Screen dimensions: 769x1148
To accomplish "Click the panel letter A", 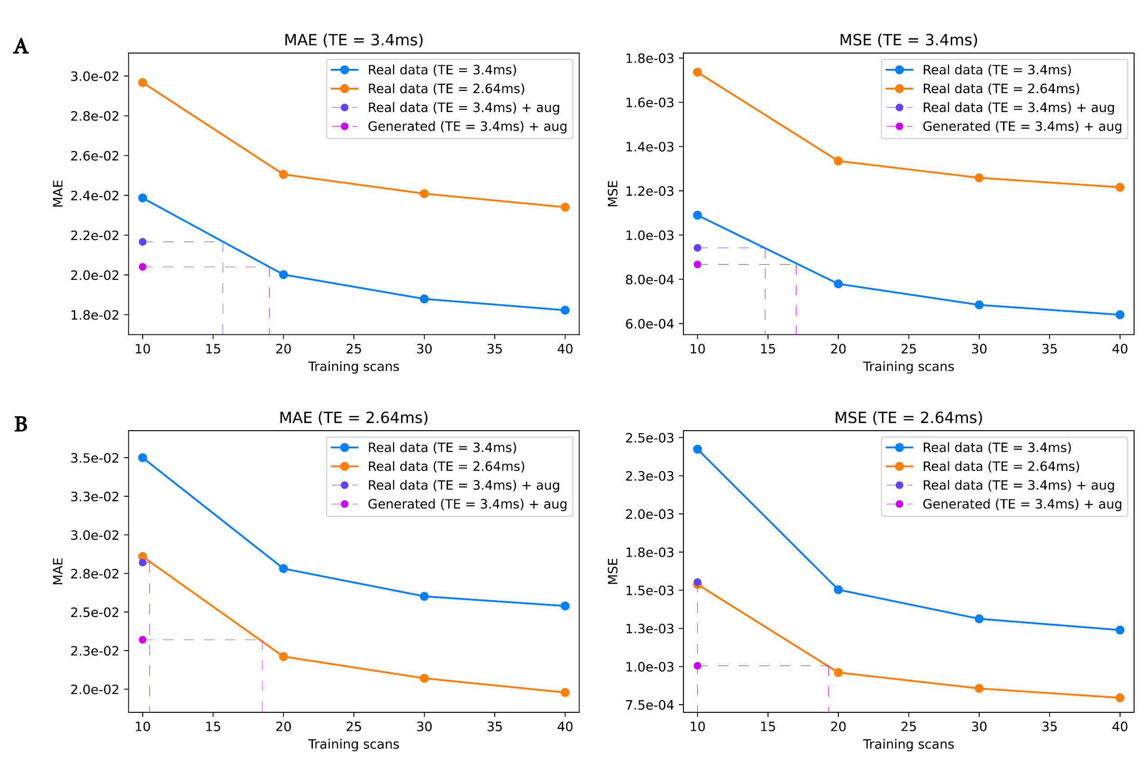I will pos(21,47).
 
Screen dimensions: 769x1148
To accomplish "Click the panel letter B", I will pos(21,424).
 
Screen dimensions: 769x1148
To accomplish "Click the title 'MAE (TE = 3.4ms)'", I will pos(353,40).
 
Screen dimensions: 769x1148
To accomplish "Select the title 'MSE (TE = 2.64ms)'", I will pos(908,418).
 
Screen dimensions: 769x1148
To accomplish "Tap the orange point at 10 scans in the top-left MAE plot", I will pos(143,82).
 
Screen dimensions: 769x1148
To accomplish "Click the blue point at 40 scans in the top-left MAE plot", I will pos(565,310).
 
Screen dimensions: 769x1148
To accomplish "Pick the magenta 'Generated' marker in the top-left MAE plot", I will pos(143,267).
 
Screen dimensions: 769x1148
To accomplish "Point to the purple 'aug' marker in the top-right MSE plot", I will pos(698,247).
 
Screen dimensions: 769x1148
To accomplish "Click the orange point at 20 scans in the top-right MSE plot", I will pos(838,161).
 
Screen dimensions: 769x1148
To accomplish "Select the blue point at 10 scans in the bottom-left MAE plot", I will pos(143,458).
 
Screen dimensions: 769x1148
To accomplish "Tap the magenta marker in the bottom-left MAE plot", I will pos(143,639).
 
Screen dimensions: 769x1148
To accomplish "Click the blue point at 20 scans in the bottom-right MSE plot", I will pos(838,589).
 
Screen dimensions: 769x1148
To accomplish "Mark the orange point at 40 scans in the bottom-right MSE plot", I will pos(1120,697).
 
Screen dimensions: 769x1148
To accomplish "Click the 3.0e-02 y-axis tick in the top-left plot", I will pos(95,76).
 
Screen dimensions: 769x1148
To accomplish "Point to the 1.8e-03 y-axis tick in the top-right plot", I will pos(650,58).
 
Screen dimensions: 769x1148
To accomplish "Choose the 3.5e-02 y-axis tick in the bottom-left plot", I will pos(95,458).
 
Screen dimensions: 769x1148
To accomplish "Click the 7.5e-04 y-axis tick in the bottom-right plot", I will pos(650,705).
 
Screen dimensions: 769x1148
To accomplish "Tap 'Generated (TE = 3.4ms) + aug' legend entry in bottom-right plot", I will pos(1022,504).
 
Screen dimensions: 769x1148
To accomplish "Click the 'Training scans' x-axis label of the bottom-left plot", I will pos(353,744).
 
